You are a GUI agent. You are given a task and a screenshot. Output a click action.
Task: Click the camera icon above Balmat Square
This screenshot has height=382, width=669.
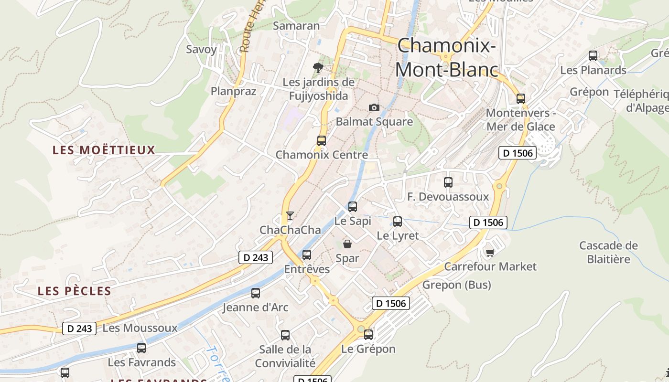[374, 108]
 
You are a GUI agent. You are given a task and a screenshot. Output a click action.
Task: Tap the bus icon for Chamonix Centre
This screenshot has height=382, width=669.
[322, 141]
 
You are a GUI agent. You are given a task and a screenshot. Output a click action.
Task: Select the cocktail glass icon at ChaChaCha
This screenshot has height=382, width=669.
[290, 216]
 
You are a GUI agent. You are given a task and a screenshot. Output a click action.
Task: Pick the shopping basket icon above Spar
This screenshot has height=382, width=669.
[347, 244]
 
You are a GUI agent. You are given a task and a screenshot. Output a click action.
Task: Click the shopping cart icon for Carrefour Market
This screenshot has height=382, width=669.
[490, 252]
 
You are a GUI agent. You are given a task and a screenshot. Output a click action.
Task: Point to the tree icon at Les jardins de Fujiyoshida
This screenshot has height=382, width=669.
[318, 68]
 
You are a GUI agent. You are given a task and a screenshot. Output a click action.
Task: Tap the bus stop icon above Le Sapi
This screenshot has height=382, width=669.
[353, 207]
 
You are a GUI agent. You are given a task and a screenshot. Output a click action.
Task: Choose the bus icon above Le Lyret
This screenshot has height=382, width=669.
[398, 222]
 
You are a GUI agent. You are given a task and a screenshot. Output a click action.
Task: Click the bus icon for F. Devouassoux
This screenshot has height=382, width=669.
[448, 182]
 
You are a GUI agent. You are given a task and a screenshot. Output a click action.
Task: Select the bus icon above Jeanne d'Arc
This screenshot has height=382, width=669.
[256, 293]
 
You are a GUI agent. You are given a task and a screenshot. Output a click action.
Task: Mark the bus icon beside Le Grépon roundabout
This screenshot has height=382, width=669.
[368, 335]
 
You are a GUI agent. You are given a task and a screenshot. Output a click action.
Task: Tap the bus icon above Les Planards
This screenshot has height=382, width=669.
[593, 56]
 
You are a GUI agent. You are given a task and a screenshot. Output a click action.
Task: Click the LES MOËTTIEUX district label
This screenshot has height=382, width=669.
[104, 150]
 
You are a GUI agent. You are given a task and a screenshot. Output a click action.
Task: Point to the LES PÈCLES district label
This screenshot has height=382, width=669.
[75, 291]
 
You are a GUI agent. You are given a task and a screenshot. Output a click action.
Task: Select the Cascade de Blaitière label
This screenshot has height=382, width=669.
[608, 253]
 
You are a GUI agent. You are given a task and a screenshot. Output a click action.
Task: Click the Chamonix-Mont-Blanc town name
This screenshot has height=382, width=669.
[446, 58]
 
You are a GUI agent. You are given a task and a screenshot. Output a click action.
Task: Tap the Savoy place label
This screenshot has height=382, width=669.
[201, 49]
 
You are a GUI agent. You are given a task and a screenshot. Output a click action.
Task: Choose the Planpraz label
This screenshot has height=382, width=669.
[234, 91]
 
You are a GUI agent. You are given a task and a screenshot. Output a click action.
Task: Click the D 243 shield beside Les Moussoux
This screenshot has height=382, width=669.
[79, 329]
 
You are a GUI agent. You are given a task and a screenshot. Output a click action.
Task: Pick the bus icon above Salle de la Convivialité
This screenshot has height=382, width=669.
[285, 335]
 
